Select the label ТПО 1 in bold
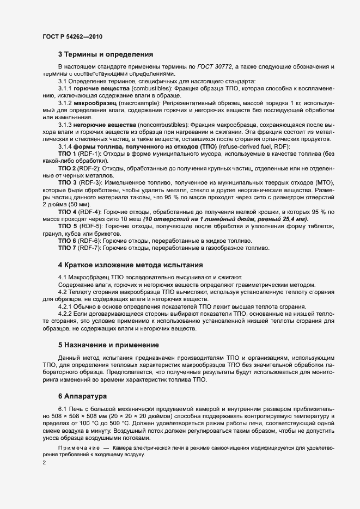point(68,154)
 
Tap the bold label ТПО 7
point(68,248)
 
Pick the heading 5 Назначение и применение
point(108,345)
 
